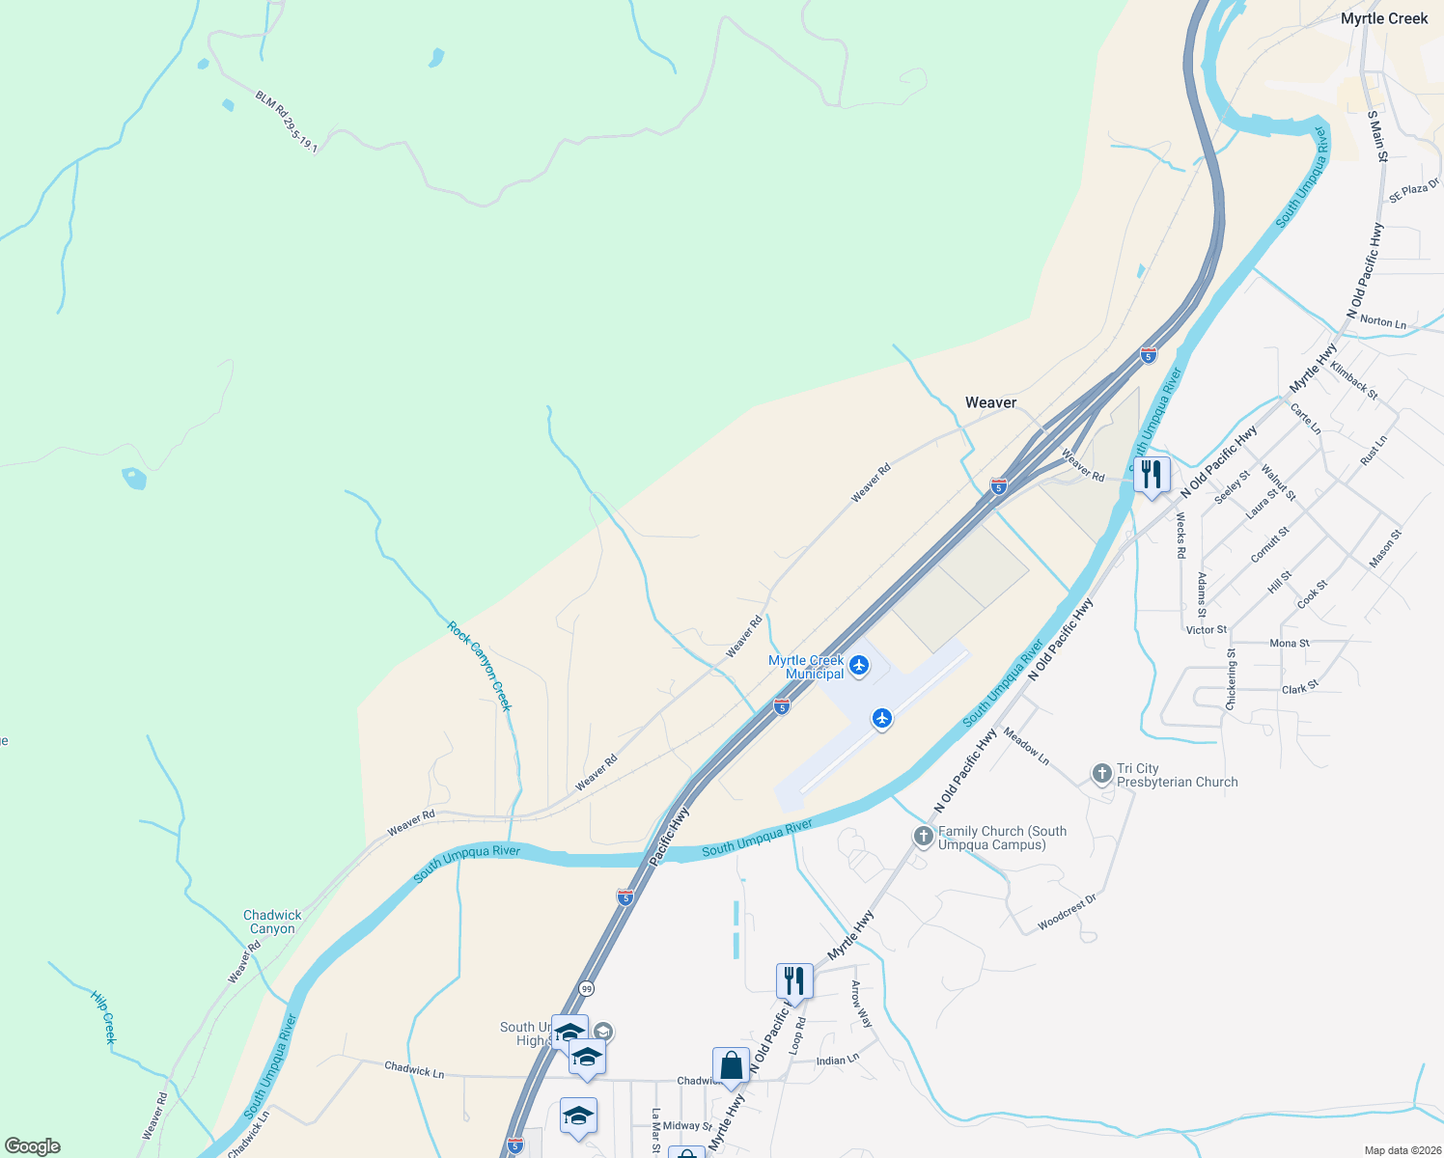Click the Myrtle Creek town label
(1383, 18)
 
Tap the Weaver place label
(990, 402)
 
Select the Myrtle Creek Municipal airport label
(807, 667)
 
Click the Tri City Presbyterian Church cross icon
(1102, 774)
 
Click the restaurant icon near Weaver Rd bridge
(1151, 475)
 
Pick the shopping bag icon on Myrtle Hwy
(731, 1066)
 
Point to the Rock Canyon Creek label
(479, 666)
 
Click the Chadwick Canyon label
(272, 922)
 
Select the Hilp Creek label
(103, 1016)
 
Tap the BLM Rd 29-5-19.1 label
(287, 122)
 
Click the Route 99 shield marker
(587, 989)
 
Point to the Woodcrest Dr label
(1067, 913)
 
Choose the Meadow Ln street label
(1026, 746)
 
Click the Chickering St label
(1231, 679)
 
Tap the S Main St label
(1377, 136)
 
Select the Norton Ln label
(1382, 322)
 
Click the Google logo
(33, 1146)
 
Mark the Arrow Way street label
(860, 1004)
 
